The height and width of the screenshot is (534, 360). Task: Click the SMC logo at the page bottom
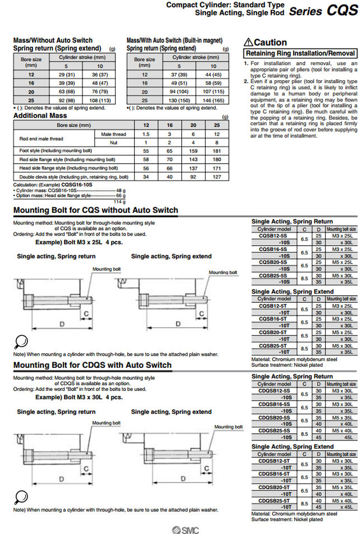(x=185, y=529)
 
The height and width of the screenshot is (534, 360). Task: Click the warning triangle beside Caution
(x=248, y=42)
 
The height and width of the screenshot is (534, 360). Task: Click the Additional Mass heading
(x=40, y=116)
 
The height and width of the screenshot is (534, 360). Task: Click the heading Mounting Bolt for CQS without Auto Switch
(x=96, y=210)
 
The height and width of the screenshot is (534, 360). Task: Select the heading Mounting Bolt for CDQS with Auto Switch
(x=92, y=365)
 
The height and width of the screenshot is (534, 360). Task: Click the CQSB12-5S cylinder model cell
(x=274, y=236)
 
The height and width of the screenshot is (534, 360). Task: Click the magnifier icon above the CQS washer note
(x=21, y=342)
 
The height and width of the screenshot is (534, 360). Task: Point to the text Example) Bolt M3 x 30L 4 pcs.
(x=79, y=397)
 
